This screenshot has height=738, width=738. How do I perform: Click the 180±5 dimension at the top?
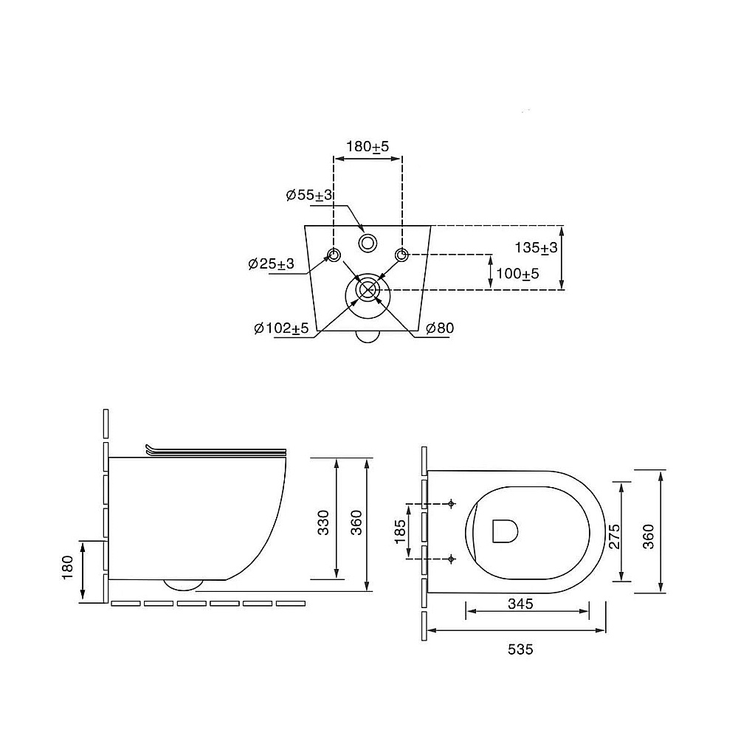click(x=368, y=146)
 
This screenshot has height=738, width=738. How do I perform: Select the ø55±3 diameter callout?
click(x=309, y=195)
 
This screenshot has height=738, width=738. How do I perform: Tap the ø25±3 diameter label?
click(x=271, y=263)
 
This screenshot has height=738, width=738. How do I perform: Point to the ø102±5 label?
click(x=281, y=328)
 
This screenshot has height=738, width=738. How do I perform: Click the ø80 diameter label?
click(x=440, y=328)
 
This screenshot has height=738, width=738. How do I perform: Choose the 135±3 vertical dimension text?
click(x=536, y=247)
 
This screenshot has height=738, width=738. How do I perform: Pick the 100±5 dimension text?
click(x=518, y=274)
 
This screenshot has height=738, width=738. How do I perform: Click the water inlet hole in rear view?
click(x=368, y=243)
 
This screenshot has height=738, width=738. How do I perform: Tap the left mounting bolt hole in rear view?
click(x=334, y=255)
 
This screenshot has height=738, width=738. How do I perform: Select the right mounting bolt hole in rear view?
click(x=401, y=255)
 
